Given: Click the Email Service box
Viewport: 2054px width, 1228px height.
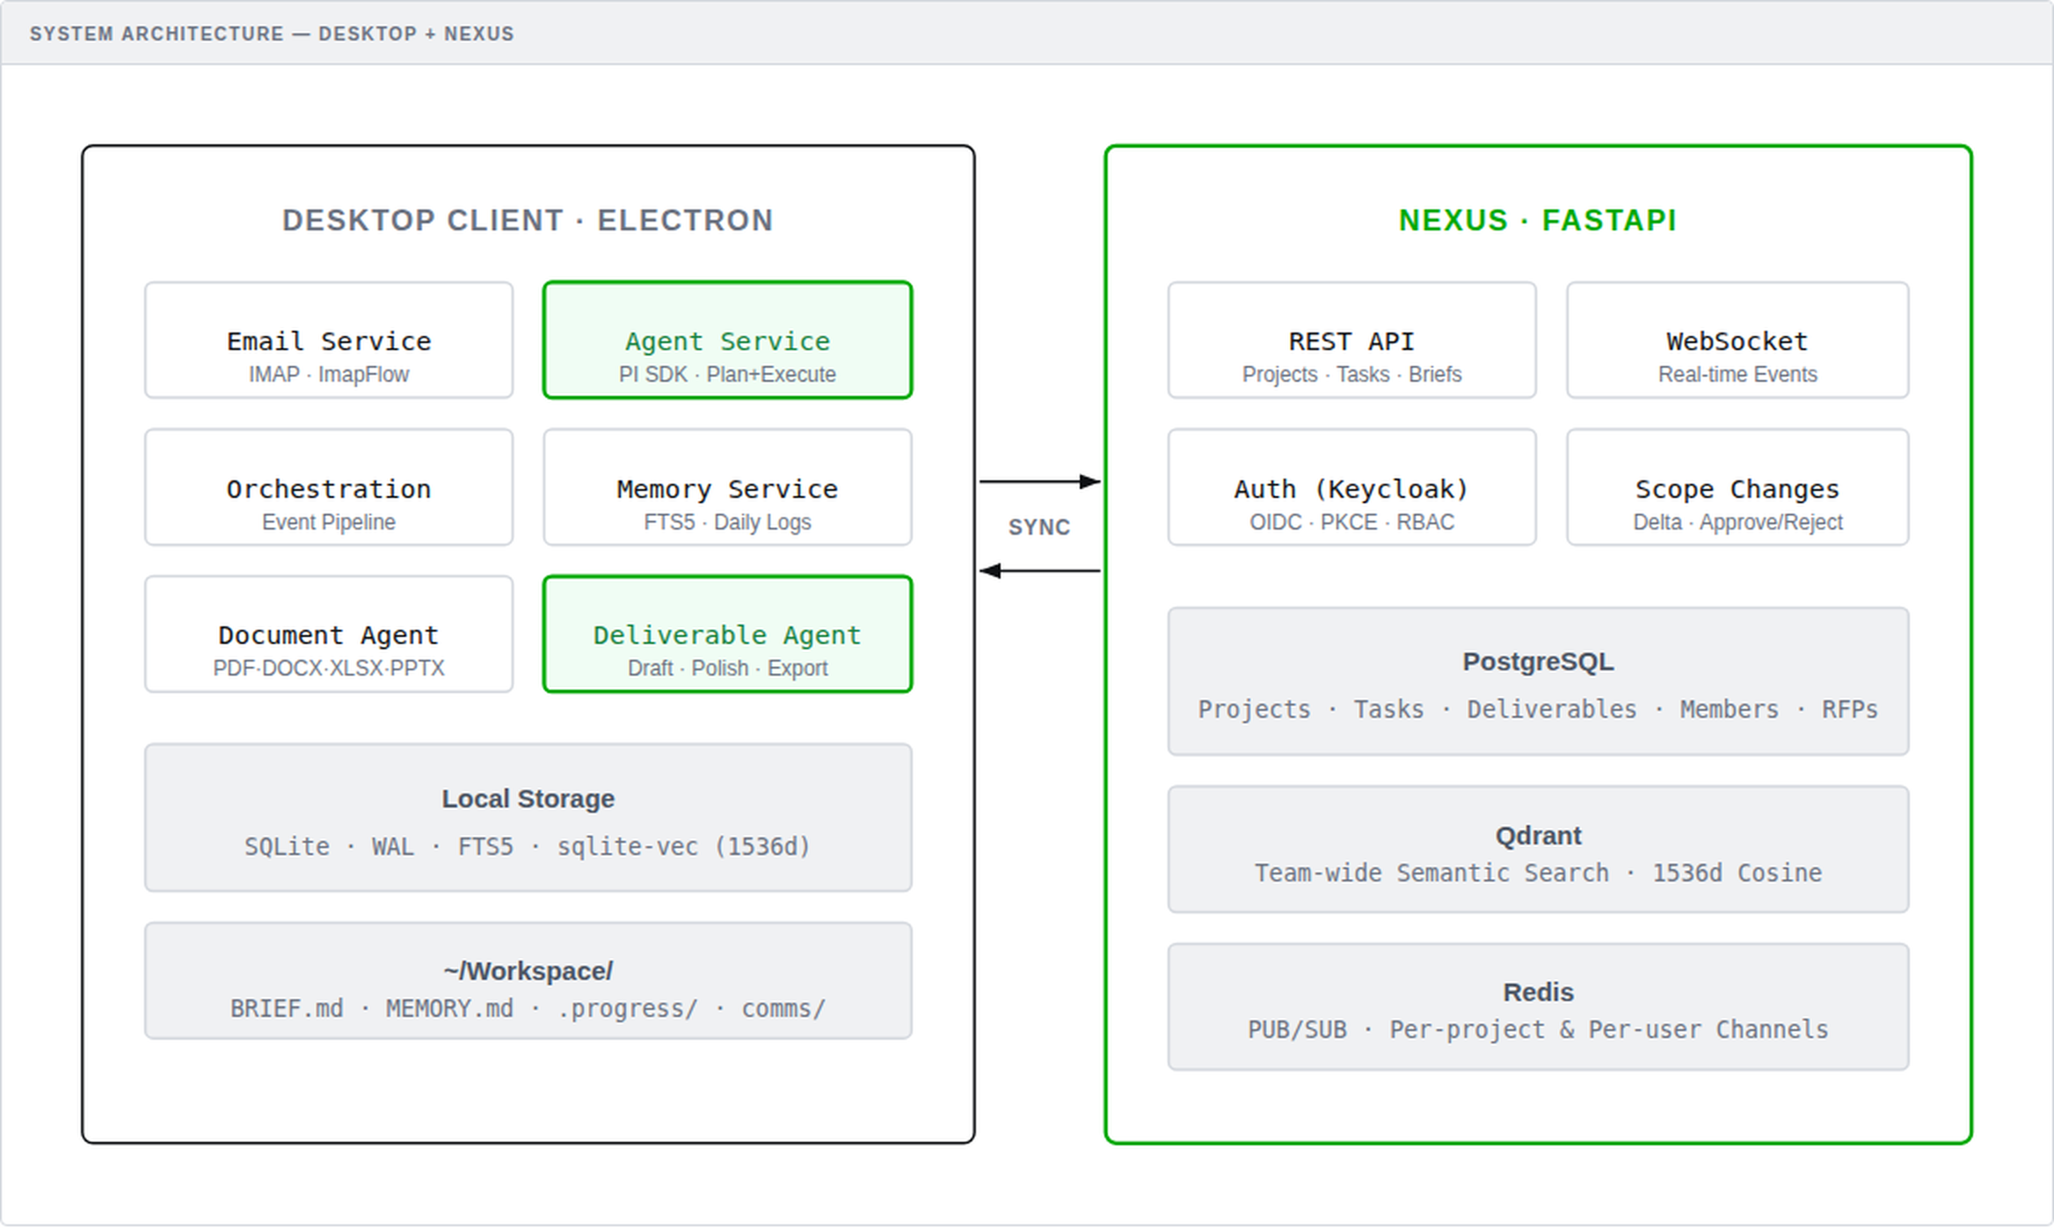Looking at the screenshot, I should (328, 340).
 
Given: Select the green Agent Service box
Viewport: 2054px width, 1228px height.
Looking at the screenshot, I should (727, 340).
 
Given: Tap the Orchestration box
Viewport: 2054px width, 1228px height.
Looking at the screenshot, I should (328, 487).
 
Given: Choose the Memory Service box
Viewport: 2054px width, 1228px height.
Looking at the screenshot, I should (727, 487).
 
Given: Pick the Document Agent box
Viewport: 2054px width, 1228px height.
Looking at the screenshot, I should (328, 634).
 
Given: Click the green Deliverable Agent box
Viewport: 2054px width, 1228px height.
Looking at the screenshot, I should (727, 634).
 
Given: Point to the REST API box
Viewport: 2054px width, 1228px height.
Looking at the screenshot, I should (1351, 340).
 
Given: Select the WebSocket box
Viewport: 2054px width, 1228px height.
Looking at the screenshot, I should (1737, 340).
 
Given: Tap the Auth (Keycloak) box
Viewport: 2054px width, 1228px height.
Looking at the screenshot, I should (1351, 487).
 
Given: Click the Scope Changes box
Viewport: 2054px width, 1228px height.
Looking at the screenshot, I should (1737, 487).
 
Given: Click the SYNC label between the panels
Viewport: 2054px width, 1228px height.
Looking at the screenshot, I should (1039, 527).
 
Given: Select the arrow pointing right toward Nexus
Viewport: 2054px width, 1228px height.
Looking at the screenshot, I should (1039, 481).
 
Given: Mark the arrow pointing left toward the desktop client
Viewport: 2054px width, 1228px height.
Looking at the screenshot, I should (1039, 571).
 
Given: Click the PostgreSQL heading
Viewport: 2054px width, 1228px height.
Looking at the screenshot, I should (1538, 662).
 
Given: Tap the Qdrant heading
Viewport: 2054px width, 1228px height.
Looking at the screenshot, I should (1538, 835).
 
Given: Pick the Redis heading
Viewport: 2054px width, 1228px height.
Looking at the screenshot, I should (1538, 992).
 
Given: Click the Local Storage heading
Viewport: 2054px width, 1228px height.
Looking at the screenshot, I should (528, 799).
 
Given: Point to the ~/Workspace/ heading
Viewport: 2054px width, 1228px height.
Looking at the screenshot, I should (528, 971).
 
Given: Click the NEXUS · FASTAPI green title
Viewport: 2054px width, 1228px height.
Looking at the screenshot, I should (1538, 220).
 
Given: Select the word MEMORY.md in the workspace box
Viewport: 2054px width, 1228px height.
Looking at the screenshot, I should (449, 1008).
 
